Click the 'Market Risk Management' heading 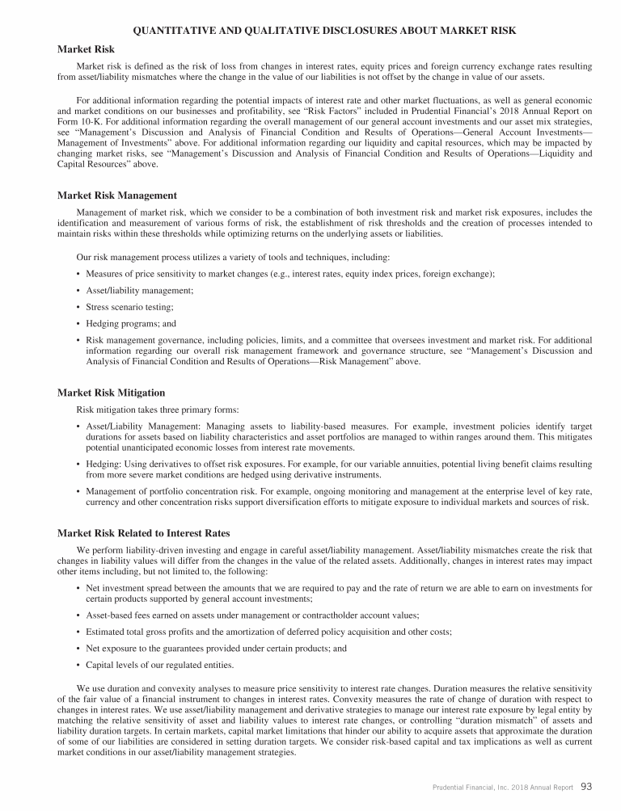point(116,195)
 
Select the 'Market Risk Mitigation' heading point(111,393)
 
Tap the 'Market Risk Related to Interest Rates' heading point(143,533)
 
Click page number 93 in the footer point(587,786)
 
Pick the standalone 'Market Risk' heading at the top point(86,49)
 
